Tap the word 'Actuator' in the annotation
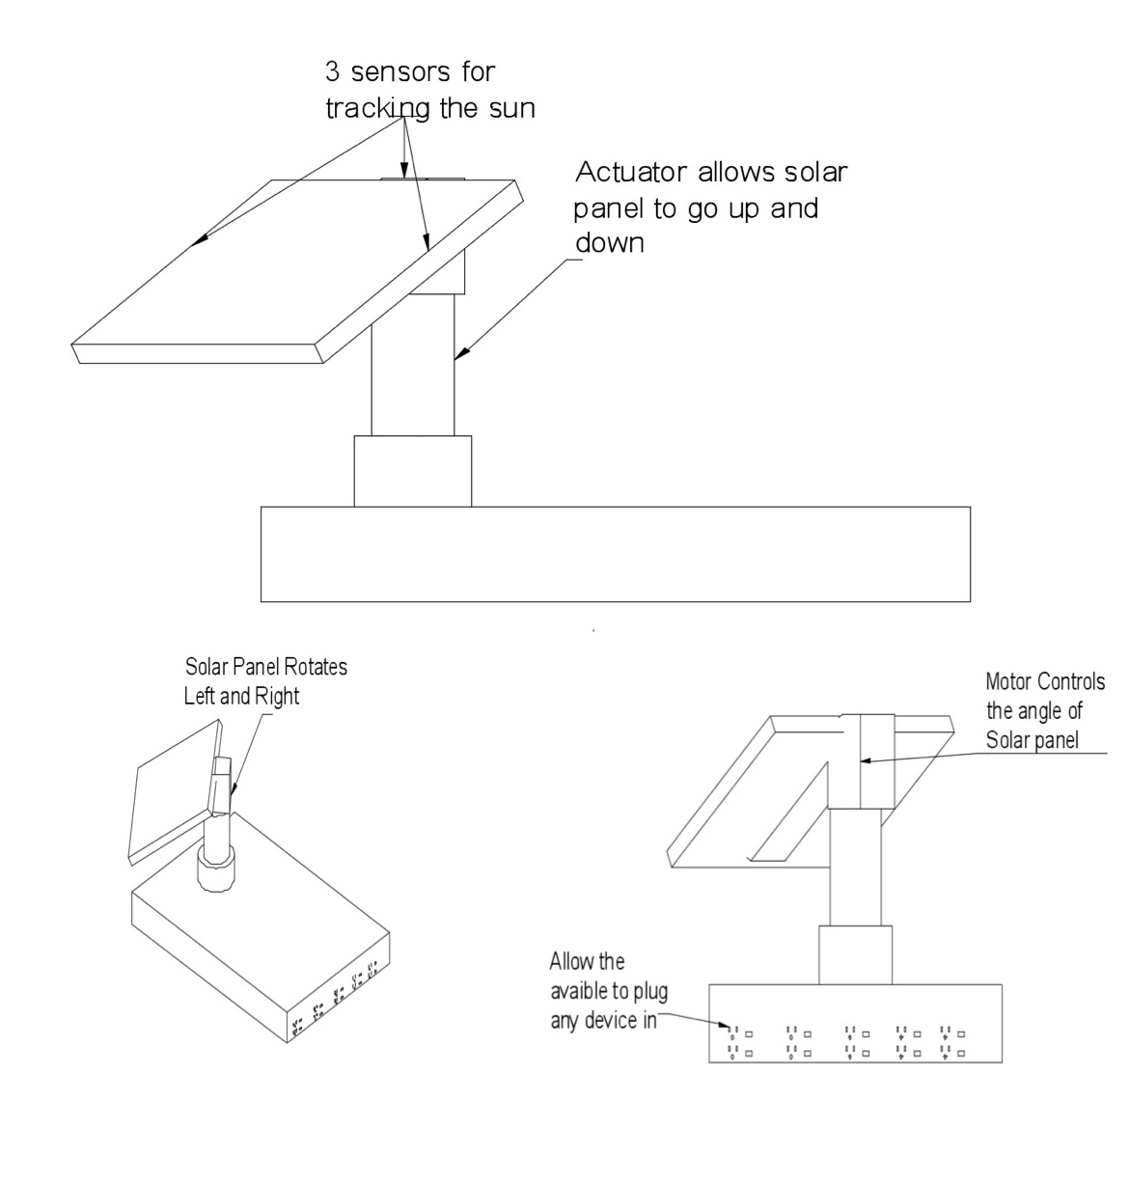(631, 173)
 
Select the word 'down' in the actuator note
(609, 243)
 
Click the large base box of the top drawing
(615, 554)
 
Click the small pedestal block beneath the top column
(412, 471)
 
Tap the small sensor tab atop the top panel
(422, 178)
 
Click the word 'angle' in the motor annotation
(1043, 712)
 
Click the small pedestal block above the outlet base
(855, 954)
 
